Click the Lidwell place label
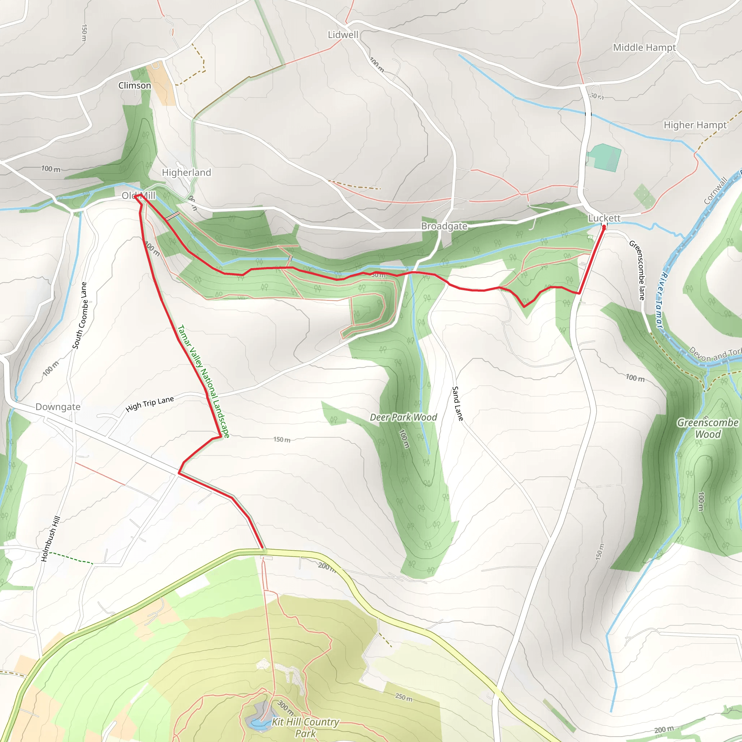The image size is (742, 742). (x=343, y=35)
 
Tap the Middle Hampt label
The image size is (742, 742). (x=644, y=47)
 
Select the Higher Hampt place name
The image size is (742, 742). (x=695, y=125)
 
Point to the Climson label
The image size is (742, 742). (x=134, y=86)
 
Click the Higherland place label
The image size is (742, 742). (x=186, y=172)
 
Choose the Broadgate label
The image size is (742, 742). (x=444, y=226)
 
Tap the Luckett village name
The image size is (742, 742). (x=604, y=218)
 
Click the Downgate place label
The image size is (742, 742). (x=58, y=407)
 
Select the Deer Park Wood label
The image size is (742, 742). (x=403, y=417)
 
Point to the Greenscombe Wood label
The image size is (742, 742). (x=708, y=428)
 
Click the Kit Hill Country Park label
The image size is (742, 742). (x=305, y=728)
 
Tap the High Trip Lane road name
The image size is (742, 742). (x=150, y=404)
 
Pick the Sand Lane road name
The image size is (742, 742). (x=458, y=404)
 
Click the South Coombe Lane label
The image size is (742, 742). (x=79, y=316)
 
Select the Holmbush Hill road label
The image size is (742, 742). (x=51, y=539)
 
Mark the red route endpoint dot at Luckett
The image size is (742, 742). (x=604, y=228)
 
